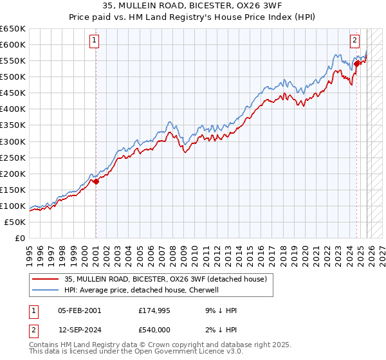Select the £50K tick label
click(15, 222)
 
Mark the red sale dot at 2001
click(96, 181)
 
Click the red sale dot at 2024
click(356, 63)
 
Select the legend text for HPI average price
click(142, 290)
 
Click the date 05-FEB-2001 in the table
click(79, 310)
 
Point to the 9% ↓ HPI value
click(219, 310)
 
